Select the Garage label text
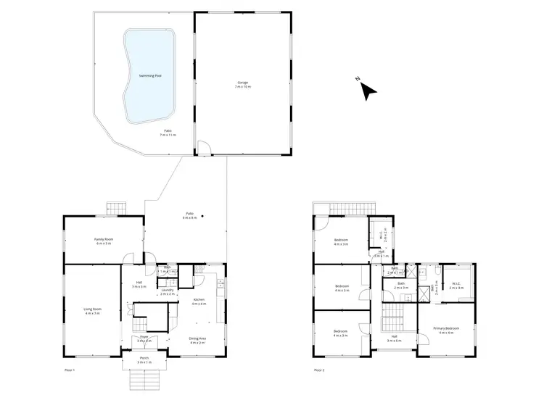(x=242, y=84)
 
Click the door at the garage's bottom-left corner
(x=204, y=149)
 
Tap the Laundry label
(x=167, y=291)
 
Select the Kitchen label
(x=199, y=301)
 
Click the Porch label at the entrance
(x=144, y=359)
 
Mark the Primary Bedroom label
(x=443, y=330)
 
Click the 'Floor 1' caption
(x=70, y=370)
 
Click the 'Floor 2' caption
(x=318, y=370)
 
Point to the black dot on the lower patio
(x=203, y=215)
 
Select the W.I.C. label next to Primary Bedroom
(x=456, y=285)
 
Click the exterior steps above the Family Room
(x=115, y=209)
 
